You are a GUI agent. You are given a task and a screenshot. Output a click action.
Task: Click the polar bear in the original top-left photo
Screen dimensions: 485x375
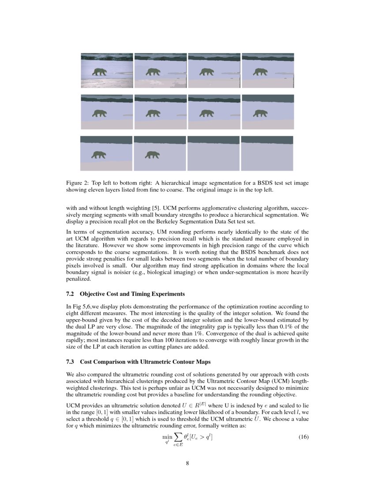[x=100, y=71]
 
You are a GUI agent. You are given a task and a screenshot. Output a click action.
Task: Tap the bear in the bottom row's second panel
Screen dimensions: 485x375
[x=153, y=154]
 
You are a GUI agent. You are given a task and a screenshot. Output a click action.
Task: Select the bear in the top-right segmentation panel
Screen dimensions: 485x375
[x=261, y=71]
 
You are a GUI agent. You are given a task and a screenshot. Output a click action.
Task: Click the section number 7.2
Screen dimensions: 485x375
[x=70, y=294]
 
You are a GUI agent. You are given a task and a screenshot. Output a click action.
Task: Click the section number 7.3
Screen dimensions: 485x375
[x=70, y=362]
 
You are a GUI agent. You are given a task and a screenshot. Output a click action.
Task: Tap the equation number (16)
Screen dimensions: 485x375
[x=303, y=437]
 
